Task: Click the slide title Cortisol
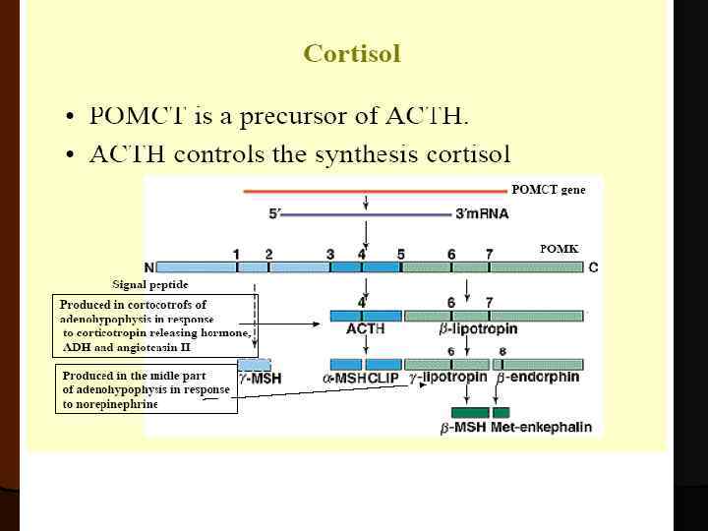coord(352,53)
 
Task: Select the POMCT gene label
coord(548,190)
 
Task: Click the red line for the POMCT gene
coord(374,192)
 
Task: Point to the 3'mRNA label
coord(482,213)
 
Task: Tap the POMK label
coord(559,249)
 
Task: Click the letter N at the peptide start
coord(148,267)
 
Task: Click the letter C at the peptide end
coord(593,267)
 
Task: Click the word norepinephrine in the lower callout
coord(110,404)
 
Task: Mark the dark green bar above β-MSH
coord(469,411)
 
